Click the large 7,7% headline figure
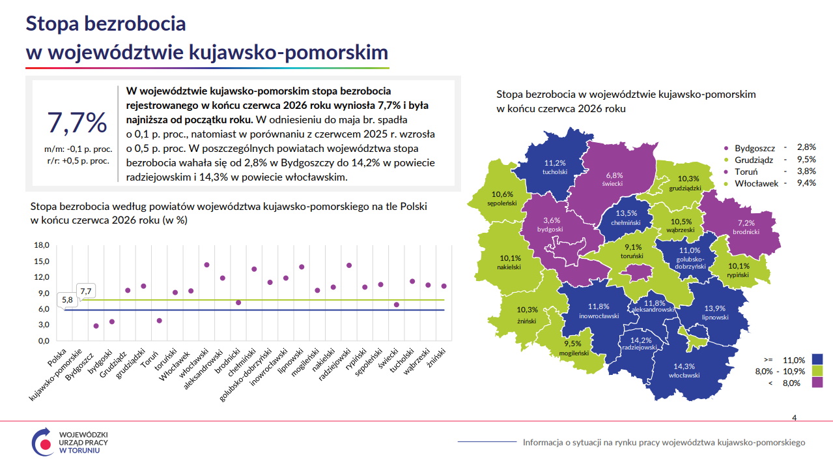click(77, 123)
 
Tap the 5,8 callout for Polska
click(67, 300)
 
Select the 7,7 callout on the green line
click(86, 291)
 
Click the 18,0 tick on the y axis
click(42, 245)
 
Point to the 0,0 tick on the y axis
click(44, 341)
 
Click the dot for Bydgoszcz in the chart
click(96, 326)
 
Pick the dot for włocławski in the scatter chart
click(206, 265)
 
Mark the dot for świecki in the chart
click(397, 305)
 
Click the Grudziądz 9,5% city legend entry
click(770, 160)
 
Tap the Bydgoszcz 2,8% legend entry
click(770, 148)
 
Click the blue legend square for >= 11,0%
click(817, 360)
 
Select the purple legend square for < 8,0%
click(817, 383)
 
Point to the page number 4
click(795, 418)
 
